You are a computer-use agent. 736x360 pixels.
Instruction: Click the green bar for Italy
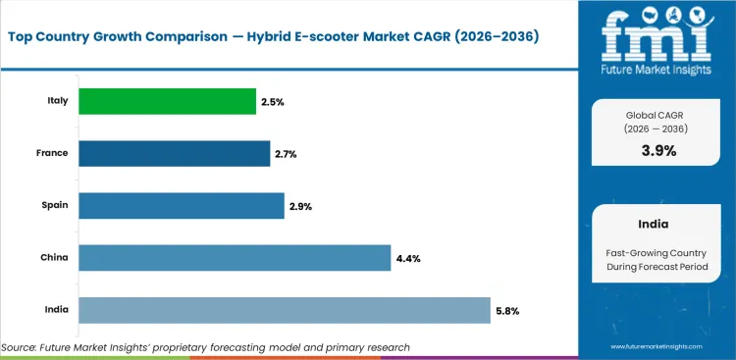point(167,101)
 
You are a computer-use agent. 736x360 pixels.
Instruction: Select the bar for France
point(174,153)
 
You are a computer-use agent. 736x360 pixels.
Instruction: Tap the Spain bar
point(181,205)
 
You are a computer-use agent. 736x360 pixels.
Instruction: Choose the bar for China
point(235,257)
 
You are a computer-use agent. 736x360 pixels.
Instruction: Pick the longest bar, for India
point(284,309)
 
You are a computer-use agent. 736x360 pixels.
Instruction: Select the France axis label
point(51,153)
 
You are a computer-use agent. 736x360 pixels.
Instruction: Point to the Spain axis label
point(54,205)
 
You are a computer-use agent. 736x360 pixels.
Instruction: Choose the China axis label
point(53,257)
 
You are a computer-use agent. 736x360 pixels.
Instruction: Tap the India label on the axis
point(55,309)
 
